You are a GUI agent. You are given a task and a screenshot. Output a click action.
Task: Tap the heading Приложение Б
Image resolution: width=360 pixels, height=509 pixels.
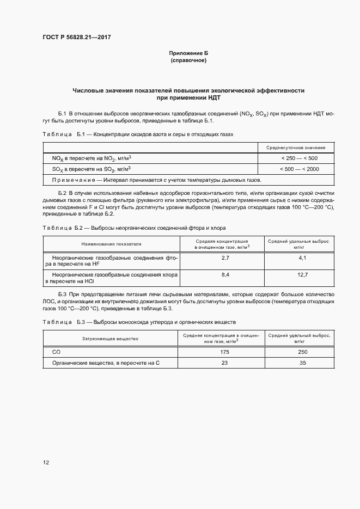coord(188,53)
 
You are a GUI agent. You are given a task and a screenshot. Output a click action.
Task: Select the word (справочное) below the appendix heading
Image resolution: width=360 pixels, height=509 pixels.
coord(188,60)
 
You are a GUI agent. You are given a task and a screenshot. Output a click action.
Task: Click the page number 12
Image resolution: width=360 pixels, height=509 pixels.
coord(46,462)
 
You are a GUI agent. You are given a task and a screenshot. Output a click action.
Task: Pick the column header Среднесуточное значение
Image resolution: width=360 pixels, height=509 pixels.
coord(296,148)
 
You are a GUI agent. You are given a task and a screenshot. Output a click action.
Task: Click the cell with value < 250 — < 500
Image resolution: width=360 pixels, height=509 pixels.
coord(299,158)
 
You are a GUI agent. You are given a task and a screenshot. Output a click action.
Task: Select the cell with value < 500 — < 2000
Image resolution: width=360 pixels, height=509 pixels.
coord(299,169)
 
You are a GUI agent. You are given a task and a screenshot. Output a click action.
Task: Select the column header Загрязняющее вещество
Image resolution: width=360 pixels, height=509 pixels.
coord(110,339)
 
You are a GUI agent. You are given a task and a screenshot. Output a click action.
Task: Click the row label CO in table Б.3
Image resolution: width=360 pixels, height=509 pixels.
coord(56,352)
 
